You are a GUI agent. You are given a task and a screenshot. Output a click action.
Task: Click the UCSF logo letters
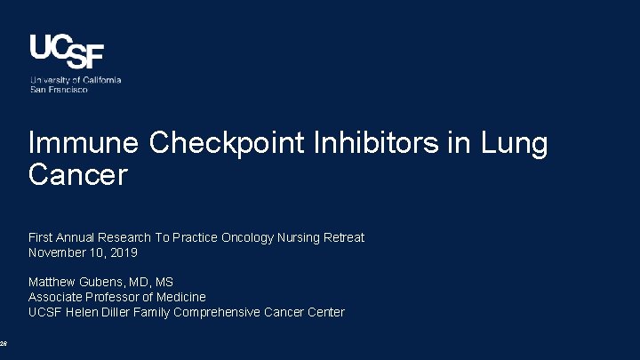click(67, 52)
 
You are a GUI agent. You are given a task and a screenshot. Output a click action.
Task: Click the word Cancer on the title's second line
click(78, 174)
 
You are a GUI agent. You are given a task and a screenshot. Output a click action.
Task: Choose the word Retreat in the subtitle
click(344, 237)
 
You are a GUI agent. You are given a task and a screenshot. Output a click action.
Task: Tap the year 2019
click(124, 252)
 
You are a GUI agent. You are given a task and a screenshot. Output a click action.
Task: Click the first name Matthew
click(53, 283)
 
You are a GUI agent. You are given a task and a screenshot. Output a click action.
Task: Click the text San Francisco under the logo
click(59, 89)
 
